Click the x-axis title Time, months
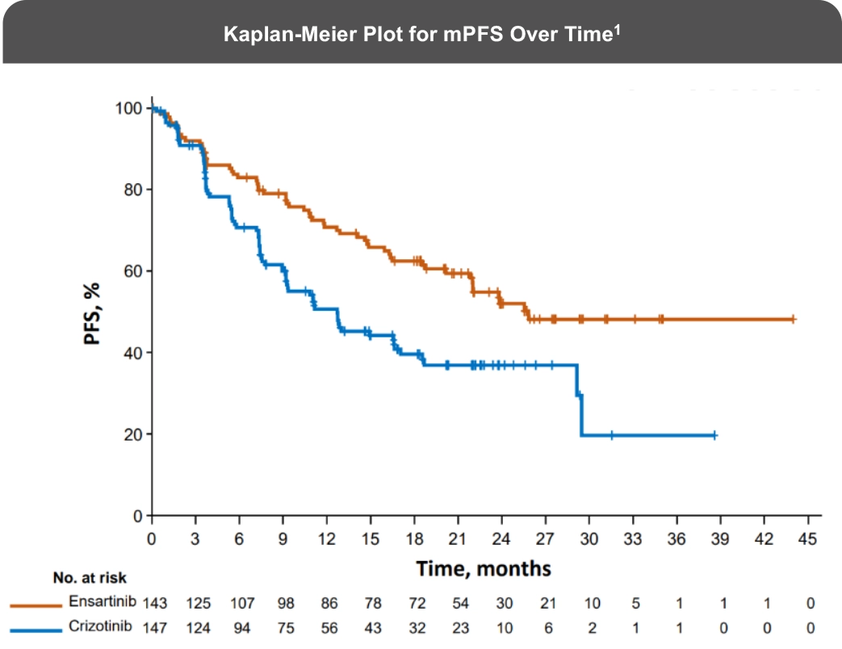coord(484,568)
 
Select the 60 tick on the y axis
coord(133,271)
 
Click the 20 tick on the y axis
coord(133,434)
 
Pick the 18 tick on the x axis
coord(415,538)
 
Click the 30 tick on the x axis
coord(590,538)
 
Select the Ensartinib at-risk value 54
coord(459,603)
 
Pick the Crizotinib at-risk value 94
coord(241,627)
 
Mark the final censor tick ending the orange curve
coord(793,320)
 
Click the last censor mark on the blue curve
coord(714,435)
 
